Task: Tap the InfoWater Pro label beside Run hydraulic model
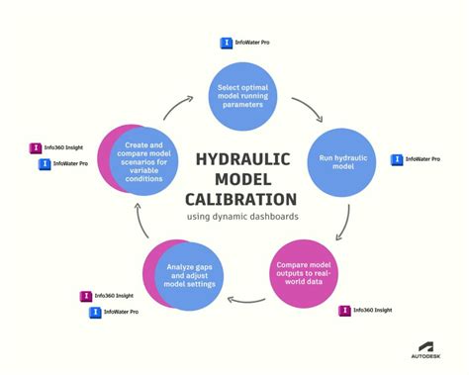tap(415, 159)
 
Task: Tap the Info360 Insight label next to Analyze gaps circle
tap(107, 296)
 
